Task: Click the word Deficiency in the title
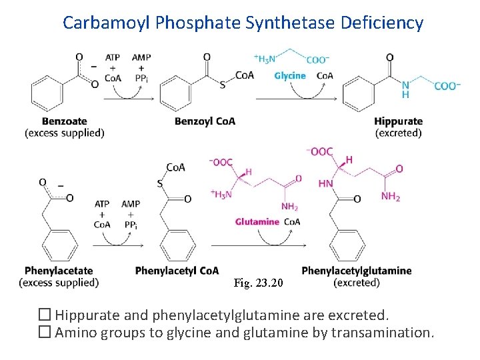tap(382, 23)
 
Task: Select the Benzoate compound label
tap(64, 121)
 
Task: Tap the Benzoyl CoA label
tap(205, 121)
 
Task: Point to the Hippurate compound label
tap(398, 121)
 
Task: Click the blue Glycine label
tap(290, 76)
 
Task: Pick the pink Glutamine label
tap(257, 221)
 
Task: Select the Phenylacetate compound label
tap(59, 271)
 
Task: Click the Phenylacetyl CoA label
tap(177, 271)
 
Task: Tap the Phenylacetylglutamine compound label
tap(357, 271)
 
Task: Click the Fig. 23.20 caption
tap(259, 283)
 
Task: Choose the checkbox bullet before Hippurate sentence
tap(46, 315)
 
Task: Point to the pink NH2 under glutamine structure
tap(290, 207)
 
